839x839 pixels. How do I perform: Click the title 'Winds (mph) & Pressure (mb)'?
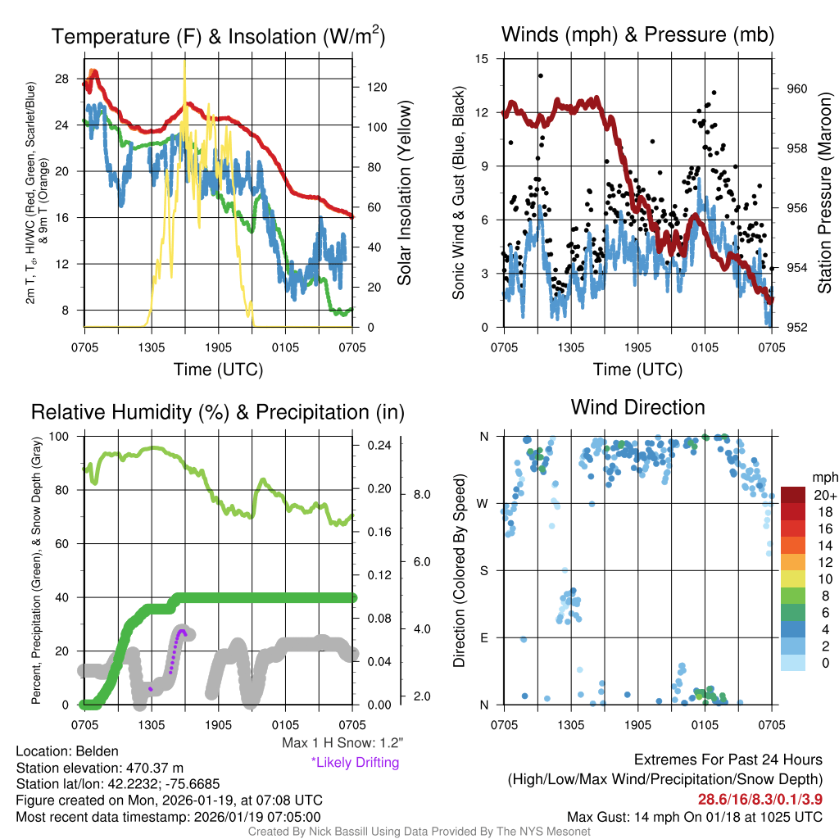coord(637,34)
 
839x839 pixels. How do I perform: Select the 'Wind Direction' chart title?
coord(637,407)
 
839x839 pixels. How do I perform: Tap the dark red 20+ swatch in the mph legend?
coord(795,495)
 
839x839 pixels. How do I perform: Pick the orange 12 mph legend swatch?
coord(795,562)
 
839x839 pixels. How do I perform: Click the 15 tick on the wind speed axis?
coord(482,59)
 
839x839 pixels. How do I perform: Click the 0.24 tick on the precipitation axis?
coord(381,446)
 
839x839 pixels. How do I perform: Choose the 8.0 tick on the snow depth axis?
coord(421,495)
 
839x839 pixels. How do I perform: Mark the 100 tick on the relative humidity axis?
coord(59,436)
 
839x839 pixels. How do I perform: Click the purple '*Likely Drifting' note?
coord(355,762)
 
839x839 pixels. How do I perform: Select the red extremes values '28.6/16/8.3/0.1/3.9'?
coord(760,799)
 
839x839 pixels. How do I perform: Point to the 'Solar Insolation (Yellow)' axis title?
coord(404,193)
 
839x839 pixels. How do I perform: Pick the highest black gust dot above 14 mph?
coord(540,76)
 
